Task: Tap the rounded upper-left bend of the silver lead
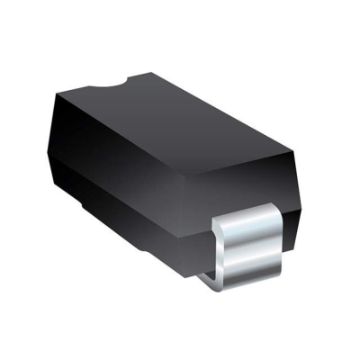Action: [220, 220]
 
